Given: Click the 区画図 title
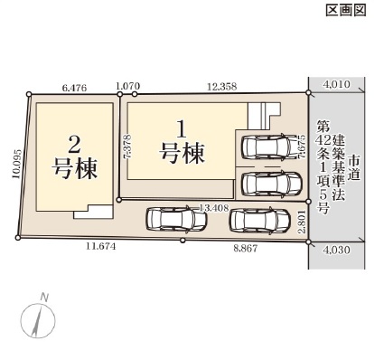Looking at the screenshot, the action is [346, 11].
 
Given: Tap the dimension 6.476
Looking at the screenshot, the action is [74, 88].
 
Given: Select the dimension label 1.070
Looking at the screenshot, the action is [128, 86].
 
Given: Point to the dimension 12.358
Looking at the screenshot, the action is [222, 87].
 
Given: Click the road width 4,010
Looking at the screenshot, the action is [336, 84].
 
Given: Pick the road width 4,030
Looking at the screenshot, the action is [336, 250].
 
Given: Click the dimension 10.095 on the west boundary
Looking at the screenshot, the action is [17, 164].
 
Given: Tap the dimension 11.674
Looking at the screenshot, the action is [101, 247].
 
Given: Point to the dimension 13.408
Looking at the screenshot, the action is [214, 207].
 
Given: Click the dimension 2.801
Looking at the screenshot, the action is [303, 222].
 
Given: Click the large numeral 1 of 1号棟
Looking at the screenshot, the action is [182, 129].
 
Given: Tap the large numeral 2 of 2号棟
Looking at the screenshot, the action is [74, 144].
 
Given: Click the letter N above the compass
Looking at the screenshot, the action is [44, 298].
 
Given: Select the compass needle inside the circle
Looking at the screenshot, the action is [37, 320].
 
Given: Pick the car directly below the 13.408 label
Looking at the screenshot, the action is [176, 219].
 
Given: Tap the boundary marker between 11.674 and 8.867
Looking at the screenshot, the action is [182, 241].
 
